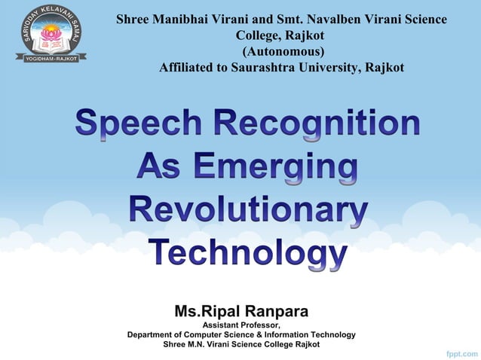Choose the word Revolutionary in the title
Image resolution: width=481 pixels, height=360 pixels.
point(248,209)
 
